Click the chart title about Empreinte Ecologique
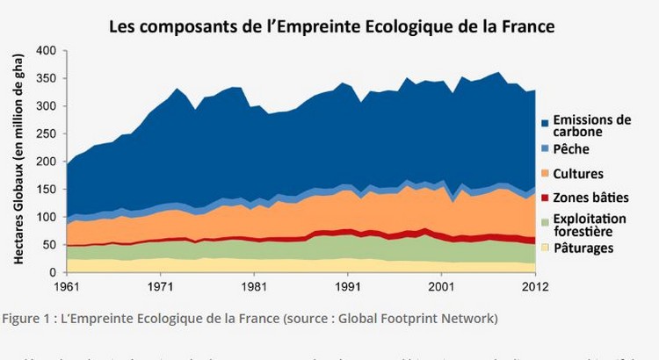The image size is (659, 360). pos(332,25)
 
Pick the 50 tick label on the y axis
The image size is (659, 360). pos(48,245)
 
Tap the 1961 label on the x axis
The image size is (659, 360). pos(67,286)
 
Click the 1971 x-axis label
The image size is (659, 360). pos(159,286)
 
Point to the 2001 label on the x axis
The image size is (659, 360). pos(441,286)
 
